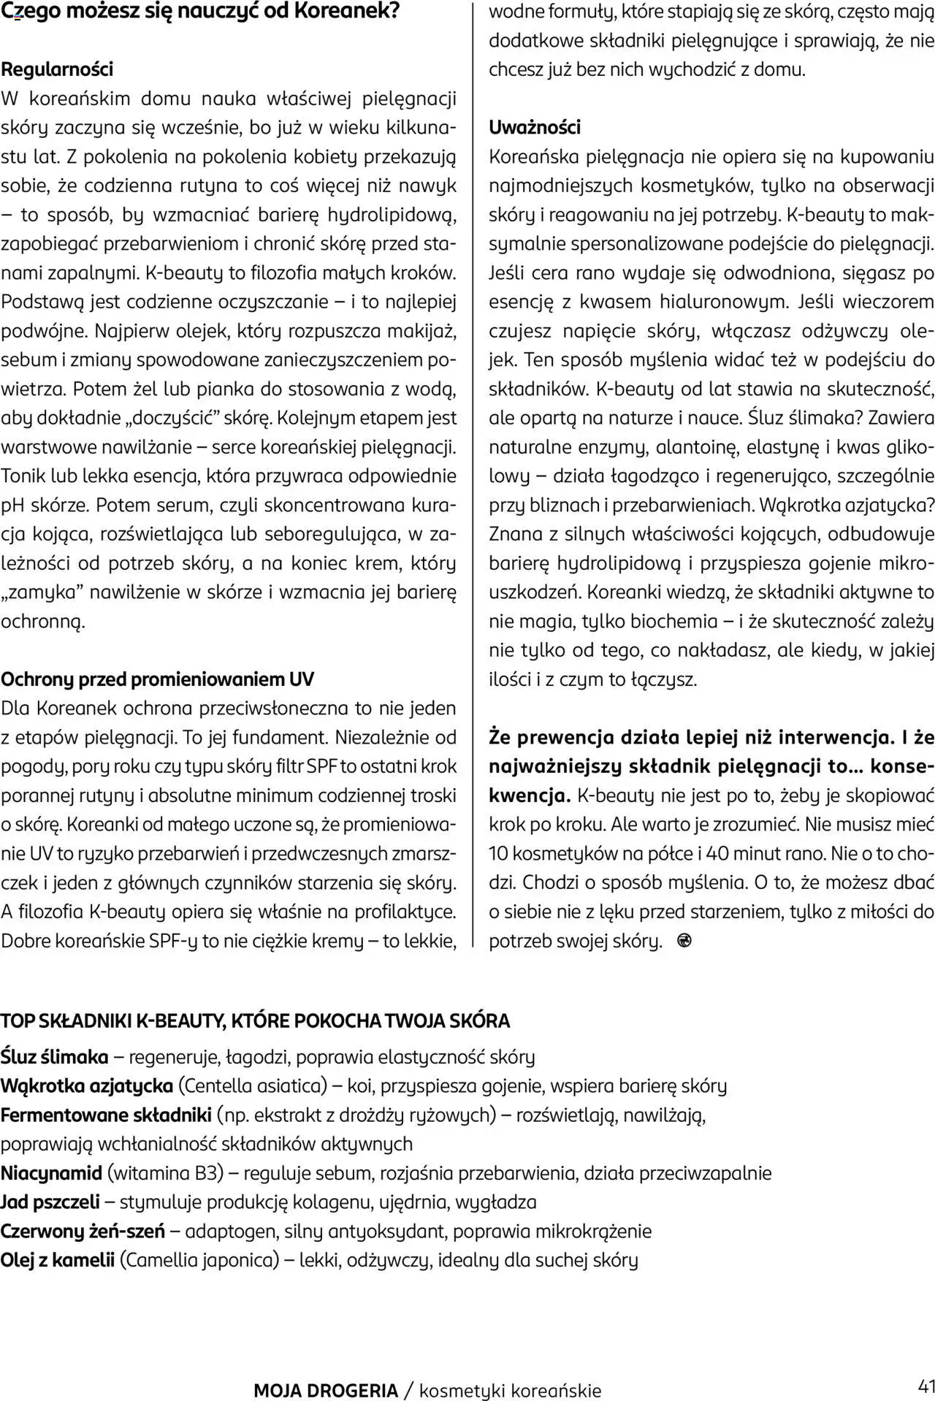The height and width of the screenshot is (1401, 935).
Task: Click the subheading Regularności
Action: (57, 69)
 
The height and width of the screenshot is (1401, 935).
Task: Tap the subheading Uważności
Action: (534, 127)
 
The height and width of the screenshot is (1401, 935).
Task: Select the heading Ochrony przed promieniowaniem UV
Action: (157, 679)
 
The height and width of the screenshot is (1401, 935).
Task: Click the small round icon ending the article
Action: (684, 941)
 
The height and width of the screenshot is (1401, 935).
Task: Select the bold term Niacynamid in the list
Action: (51, 1173)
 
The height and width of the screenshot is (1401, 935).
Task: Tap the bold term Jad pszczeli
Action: (50, 1202)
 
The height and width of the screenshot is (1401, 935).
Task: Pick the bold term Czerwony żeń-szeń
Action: (82, 1232)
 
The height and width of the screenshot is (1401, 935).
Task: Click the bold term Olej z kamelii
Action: (57, 1261)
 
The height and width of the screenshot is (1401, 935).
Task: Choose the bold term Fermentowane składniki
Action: (106, 1115)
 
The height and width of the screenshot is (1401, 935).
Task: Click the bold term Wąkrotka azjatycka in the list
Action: (86, 1086)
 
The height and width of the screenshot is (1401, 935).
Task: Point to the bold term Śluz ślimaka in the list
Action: (54, 1057)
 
